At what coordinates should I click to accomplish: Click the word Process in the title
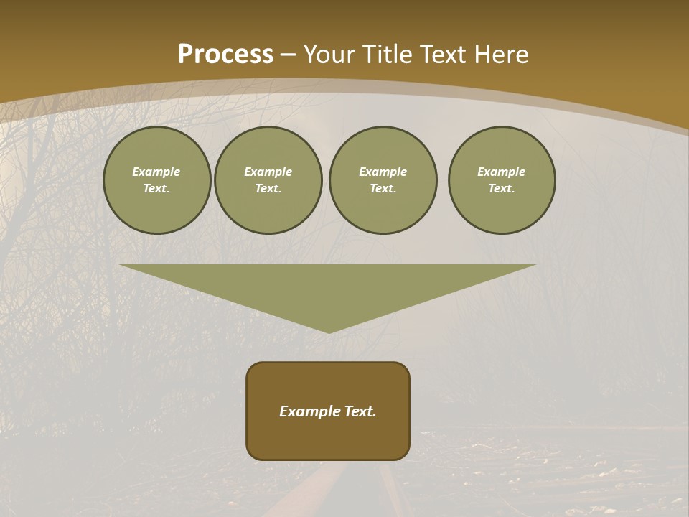(x=225, y=55)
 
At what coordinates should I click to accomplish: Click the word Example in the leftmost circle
(x=156, y=172)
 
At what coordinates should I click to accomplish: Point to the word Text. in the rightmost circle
(x=502, y=189)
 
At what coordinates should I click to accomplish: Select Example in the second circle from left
(x=268, y=172)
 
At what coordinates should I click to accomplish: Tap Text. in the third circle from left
(x=383, y=189)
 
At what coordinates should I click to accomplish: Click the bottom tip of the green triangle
(x=329, y=331)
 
